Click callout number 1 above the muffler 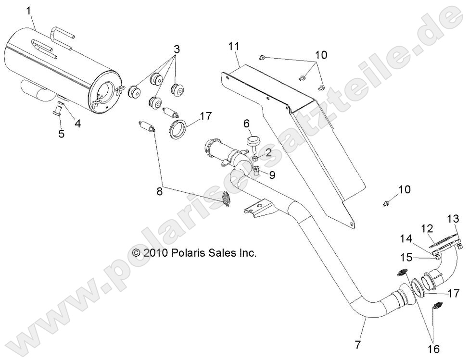(x=29, y=12)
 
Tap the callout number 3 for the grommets (x=177, y=49)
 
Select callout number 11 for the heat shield (x=234, y=47)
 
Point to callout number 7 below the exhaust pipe (x=358, y=344)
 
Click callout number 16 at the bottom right (x=434, y=348)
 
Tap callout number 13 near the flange (x=453, y=219)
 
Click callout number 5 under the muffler (x=61, y=134)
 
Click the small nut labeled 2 (x=256, y=158)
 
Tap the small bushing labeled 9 (x=256, y=172)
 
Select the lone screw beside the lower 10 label (x=386, y=204)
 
